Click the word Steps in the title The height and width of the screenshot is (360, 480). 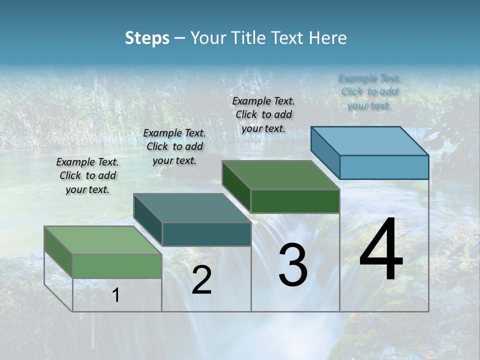pos(147,38)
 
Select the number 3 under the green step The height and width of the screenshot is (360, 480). pos(292,264)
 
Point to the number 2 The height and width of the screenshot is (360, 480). pos(201,280)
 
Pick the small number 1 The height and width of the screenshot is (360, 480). pos(116,295)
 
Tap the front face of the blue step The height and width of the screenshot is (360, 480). pos(384,167)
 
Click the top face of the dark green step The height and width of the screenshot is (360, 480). pos(281,175)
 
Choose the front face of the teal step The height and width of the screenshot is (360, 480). pos(206,234)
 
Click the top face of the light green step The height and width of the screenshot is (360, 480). pos(103,240)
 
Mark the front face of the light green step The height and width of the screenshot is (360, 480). pos(117,266)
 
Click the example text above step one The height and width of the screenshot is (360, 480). pos(87,175)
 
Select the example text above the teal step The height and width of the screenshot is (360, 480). pos(174,146)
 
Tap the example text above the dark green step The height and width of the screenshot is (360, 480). pos(263,114)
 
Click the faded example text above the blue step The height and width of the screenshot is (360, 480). pos(369,91)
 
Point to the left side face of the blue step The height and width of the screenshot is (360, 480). pos(325,152)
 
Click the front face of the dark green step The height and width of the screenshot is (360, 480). pos(295,201)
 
